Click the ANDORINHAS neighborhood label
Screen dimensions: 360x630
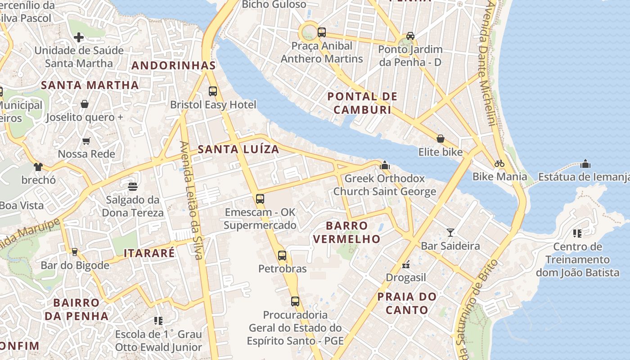173,66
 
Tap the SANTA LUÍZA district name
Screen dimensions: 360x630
238,149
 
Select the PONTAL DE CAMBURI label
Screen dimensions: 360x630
362,103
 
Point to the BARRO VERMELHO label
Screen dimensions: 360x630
346,232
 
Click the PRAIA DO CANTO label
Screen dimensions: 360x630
407,303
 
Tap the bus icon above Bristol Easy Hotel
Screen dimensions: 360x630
213,91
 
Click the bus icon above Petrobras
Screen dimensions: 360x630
282,256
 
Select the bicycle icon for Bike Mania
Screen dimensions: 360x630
499,163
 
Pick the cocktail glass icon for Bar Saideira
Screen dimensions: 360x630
450,233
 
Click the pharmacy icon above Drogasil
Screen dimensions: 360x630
405,265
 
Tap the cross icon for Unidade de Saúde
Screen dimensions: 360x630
79,37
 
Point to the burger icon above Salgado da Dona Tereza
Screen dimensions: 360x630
132,186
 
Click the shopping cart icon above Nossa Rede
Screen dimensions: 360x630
86,141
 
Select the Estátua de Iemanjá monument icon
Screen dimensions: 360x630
585,163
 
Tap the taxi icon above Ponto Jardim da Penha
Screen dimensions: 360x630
410,36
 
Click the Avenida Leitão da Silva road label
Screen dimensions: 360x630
191,200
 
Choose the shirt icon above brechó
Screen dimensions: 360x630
38,167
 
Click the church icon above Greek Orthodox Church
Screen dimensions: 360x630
384,165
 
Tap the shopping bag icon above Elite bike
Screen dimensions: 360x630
440,139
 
